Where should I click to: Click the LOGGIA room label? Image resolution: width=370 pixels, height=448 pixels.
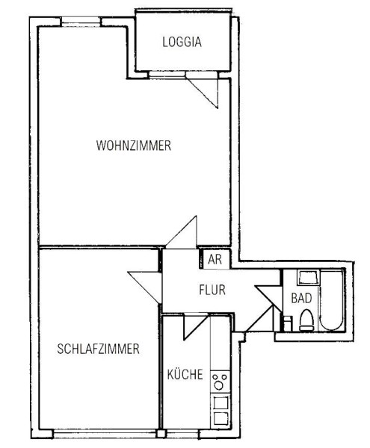182,43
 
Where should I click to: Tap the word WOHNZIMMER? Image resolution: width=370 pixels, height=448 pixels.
133,146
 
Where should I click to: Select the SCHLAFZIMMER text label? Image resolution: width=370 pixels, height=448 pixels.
97,349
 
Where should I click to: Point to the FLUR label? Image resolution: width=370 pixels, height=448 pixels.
212,290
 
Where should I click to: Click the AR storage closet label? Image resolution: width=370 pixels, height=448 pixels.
215,260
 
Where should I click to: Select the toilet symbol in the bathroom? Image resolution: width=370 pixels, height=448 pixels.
305,320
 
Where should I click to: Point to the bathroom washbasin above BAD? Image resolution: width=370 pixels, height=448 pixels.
306,279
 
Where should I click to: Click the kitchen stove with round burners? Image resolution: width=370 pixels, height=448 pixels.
220,383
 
